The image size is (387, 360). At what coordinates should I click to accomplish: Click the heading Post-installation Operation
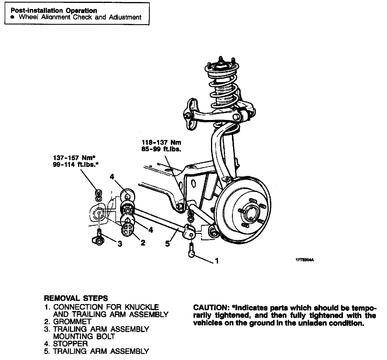click(x=54, y=11)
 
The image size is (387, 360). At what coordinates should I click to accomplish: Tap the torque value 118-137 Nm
click(x=161, y=143)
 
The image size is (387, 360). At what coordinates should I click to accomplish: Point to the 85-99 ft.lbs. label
click(x=161, y=149)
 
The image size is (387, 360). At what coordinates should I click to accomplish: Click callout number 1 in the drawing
click(x=216, y=261)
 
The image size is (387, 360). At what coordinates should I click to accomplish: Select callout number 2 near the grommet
click(x=143, y=243)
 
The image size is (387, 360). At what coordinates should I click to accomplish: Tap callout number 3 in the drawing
click(x=120, y=244)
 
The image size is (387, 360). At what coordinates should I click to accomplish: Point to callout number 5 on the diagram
click(x=167, y=243)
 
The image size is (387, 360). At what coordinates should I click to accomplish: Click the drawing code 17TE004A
click(x=305, y=260)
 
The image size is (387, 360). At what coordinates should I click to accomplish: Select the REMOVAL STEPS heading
click(x=76, y=298)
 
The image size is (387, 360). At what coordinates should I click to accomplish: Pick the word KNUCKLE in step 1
click(x=142, y=307)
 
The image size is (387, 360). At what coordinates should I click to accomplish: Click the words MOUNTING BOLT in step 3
click(x=84, y=336)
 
